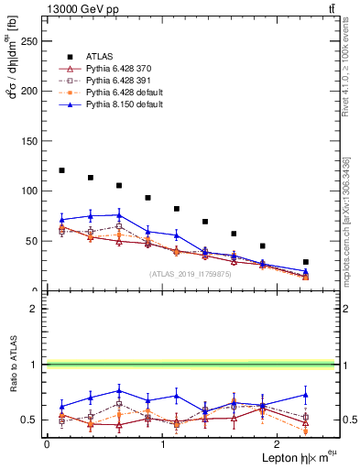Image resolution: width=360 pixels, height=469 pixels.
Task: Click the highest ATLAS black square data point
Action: (x=61, y=170)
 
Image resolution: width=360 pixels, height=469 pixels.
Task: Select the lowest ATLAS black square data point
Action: (x=306, y=262)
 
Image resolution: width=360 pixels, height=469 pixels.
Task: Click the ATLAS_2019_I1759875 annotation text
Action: (x=189, y=274)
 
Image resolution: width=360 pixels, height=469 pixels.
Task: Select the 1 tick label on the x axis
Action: (x=162, y=443)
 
